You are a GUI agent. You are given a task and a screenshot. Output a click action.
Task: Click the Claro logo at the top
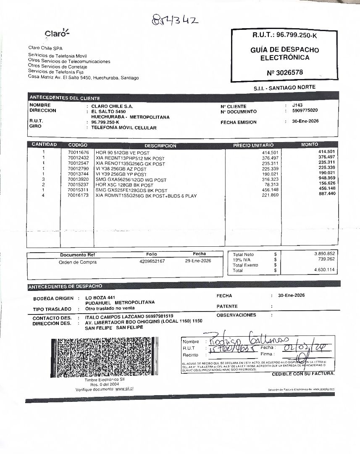point(57,33)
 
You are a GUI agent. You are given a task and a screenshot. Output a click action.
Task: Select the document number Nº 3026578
point(284,73)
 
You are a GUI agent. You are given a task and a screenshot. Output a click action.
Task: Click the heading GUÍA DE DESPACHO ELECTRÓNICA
point(284,54)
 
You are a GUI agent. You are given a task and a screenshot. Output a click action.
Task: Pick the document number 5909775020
point(305,111)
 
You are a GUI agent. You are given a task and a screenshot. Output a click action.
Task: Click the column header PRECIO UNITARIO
point(253,145)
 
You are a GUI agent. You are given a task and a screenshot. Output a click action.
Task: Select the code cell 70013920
point(78,179)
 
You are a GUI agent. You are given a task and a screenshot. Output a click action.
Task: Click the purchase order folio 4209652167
point(152,261)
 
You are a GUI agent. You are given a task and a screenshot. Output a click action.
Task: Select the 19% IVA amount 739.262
point(324,260)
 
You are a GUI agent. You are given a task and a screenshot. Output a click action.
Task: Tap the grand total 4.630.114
point(324,270)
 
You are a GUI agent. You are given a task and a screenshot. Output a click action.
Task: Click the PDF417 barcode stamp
point(105,358)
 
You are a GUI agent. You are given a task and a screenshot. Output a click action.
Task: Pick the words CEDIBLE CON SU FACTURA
point(303,374)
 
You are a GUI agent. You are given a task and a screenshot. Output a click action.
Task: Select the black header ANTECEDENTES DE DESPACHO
point(65,286)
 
